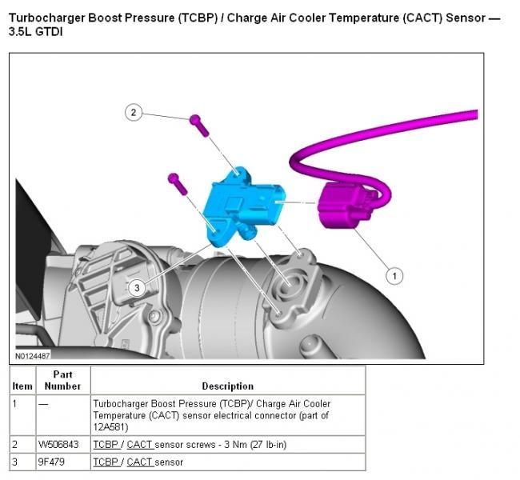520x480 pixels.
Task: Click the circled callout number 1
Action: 393,275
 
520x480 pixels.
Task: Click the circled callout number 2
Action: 134,113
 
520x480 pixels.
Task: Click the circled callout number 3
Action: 137,287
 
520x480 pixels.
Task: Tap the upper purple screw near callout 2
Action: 197,125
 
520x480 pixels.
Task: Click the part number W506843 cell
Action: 58,444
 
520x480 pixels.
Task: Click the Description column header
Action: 227,386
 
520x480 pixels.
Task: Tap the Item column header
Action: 22,386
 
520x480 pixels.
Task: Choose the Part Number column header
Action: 62,380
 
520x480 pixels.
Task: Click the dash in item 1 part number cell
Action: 42,404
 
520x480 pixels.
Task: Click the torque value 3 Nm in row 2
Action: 228,444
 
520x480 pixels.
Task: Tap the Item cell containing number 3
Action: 16,462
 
